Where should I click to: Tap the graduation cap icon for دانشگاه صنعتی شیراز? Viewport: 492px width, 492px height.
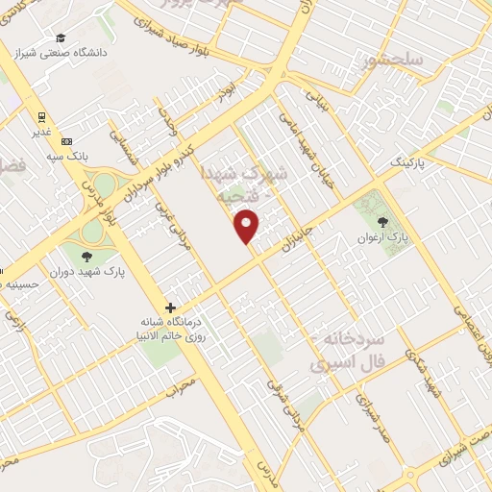61,38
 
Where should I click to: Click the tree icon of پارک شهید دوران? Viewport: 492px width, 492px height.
88,256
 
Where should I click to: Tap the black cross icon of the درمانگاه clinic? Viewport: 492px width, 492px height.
170,308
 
